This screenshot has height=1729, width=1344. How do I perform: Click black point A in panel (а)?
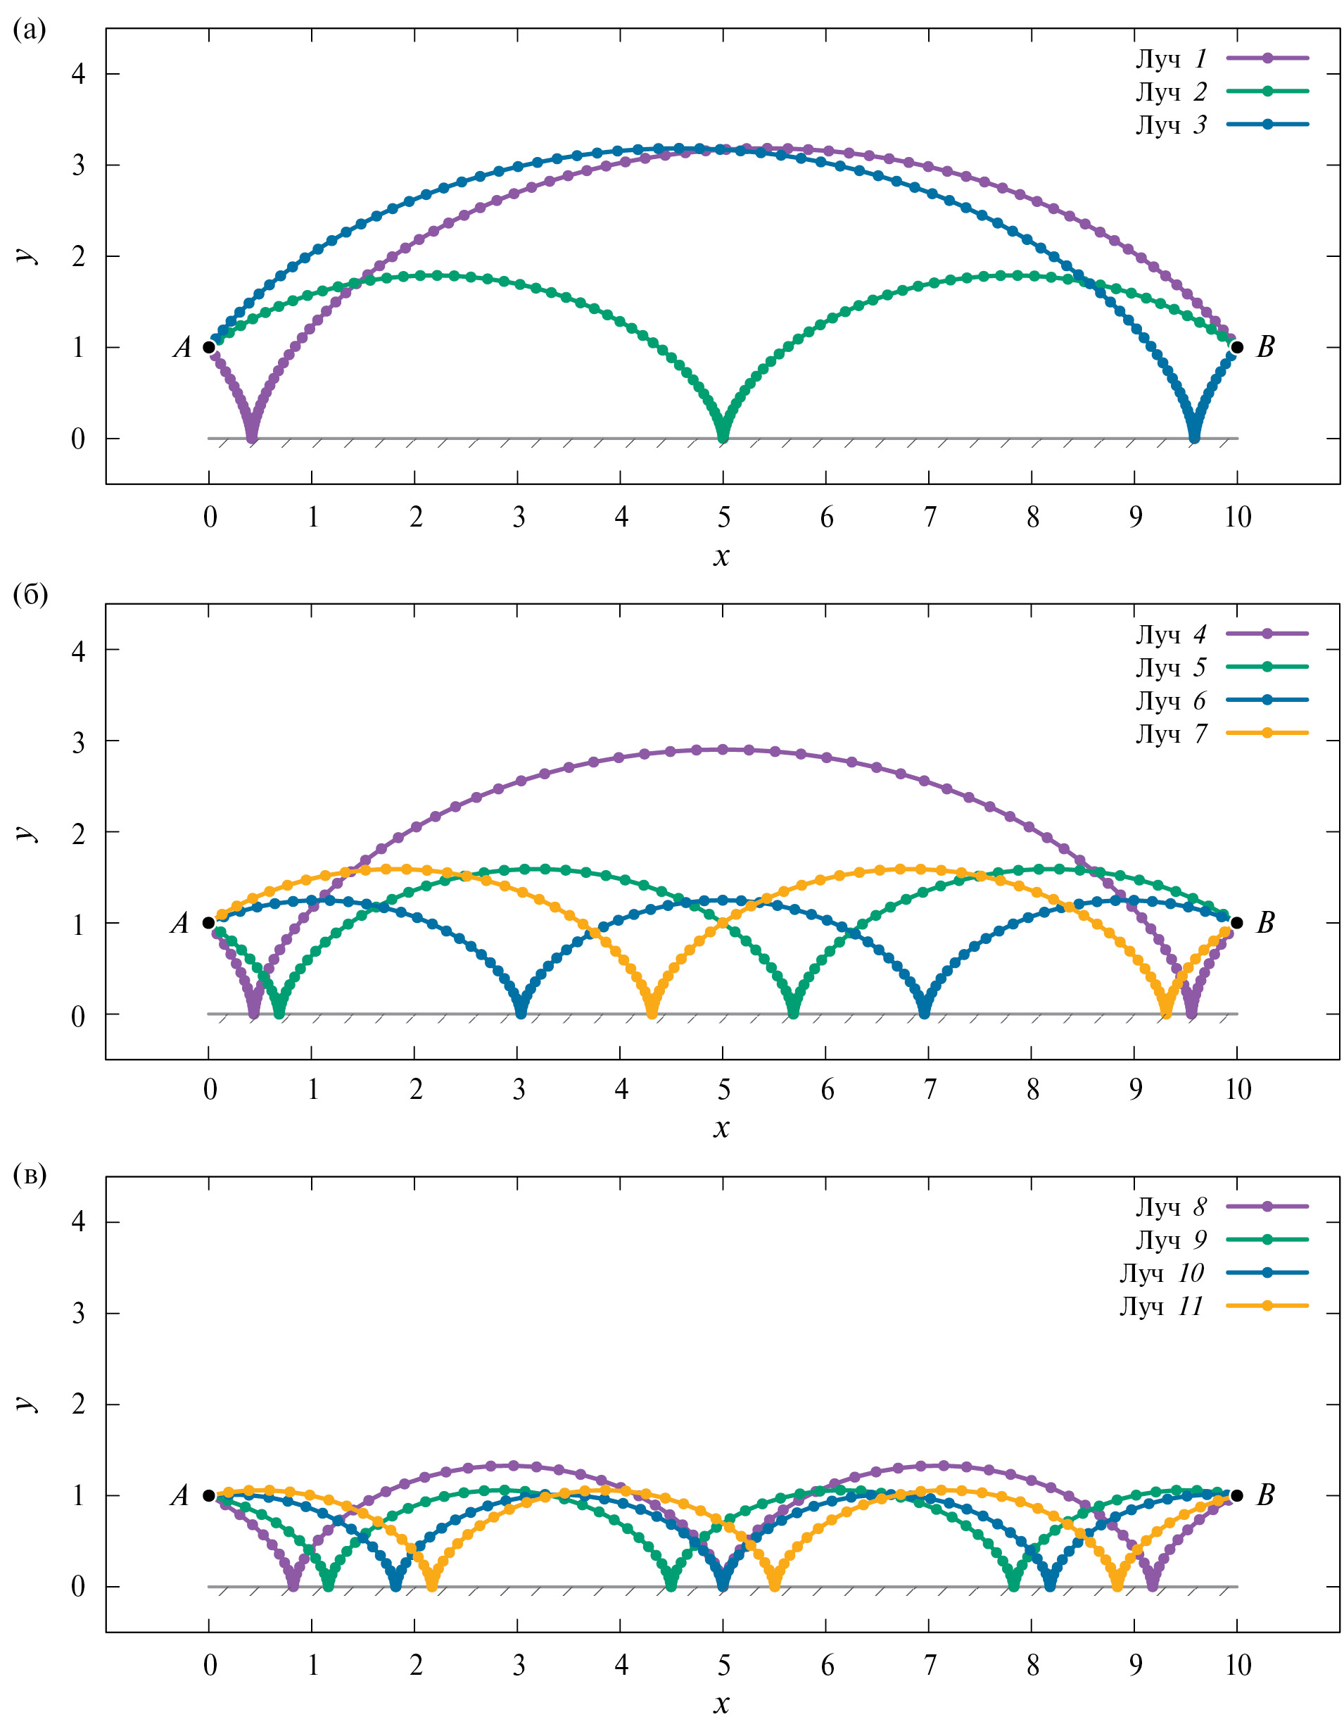point(209,347)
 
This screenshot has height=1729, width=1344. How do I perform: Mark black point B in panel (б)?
point(1237,923)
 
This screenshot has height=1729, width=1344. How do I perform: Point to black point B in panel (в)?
point(1237,1496)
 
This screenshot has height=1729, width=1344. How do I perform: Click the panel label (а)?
point(30,30)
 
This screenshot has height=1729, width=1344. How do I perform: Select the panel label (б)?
point(30,595)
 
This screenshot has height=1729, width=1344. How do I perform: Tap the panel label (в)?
point(30,1175)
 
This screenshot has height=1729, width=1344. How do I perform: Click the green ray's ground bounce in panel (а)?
point(723,436)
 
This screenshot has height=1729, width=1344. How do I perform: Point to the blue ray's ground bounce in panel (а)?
point(1194,436)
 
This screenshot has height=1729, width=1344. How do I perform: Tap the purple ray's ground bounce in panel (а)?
point(252,436)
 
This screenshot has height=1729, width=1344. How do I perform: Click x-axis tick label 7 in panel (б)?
point(930,1090)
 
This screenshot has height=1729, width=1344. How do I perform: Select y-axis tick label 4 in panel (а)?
point(77,75)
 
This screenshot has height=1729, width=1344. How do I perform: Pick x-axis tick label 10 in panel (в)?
point(1237,1666)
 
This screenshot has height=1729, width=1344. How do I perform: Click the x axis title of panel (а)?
point(721,557)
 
